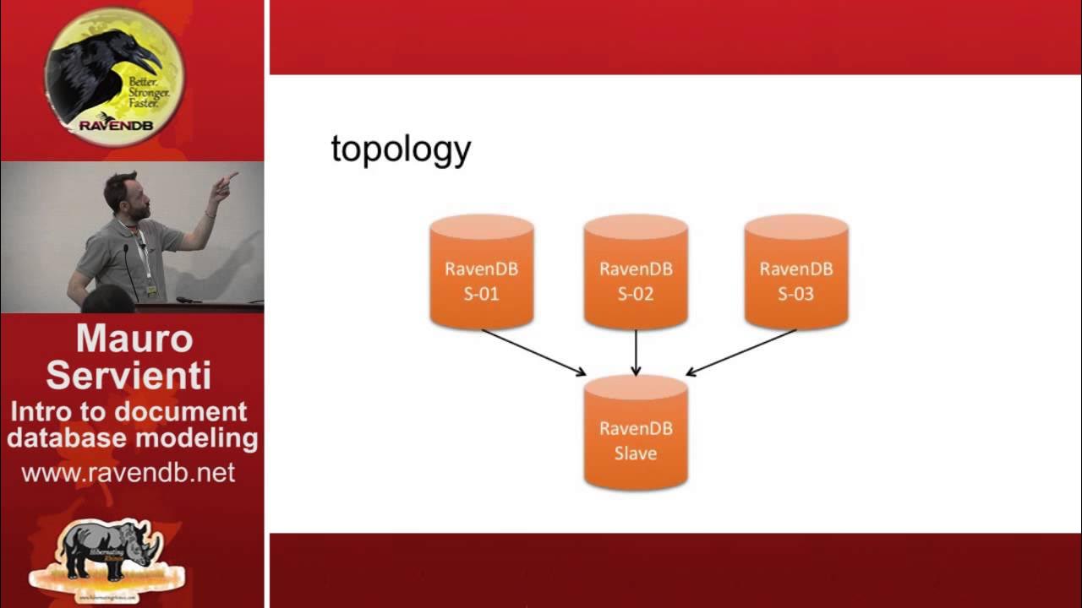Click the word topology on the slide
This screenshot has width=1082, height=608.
401,150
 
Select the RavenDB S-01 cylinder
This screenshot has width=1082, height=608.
481,272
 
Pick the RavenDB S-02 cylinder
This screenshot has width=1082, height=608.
636,272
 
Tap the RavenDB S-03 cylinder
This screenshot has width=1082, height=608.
795,272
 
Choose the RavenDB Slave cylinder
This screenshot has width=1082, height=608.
636,432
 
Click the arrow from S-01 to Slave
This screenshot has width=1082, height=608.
533,352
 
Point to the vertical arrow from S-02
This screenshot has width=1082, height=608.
636,352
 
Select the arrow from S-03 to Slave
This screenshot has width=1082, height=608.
741,352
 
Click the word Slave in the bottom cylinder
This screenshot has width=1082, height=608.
636,453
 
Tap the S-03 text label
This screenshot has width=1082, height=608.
795,294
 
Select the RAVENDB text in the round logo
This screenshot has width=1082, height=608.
111,126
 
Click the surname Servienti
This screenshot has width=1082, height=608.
128,376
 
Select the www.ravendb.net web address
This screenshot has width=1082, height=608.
128,473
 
